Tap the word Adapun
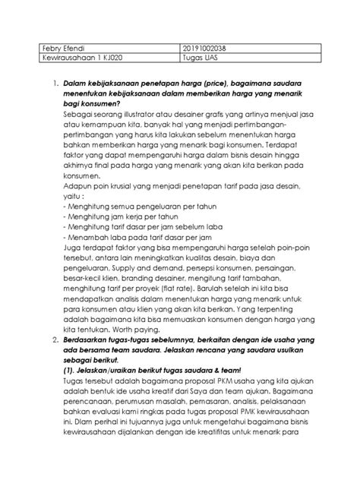78,195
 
